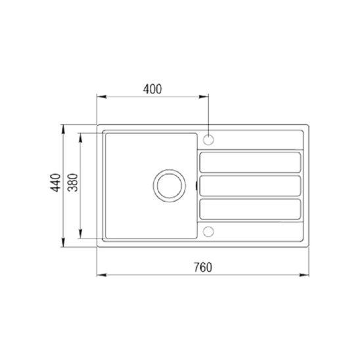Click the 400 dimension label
(152, 89)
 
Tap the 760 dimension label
(203, 267)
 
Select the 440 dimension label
(56, 183)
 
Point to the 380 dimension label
(73, 183)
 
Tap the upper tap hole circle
(208, 140)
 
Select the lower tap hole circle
(208, 232)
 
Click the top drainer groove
(250, 162)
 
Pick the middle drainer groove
(250, 186)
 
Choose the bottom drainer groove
(250, 209)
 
